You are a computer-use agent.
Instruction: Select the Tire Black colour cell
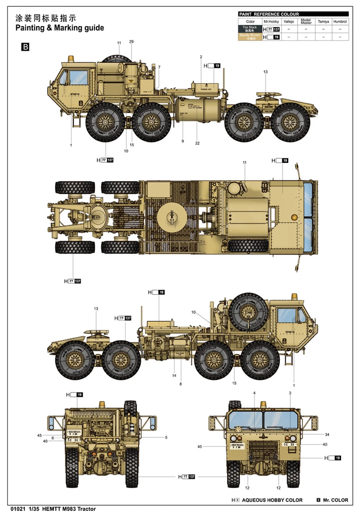(x=250, y=29)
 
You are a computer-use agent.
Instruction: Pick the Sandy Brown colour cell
(x=250, y=37)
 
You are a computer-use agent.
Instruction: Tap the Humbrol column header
(x=340, y=21)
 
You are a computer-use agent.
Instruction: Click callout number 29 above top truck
(x=131, y=42)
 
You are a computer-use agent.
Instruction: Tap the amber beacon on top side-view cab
(x=71, y=59)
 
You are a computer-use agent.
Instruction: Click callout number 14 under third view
(x=174, y=375)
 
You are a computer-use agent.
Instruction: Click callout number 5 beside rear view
(x=166, y=437)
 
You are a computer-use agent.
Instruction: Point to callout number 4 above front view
(x=254, y=393)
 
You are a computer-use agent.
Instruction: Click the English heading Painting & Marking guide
(x=59, y=28)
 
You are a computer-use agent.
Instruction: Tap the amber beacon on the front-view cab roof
(x=263, y=404)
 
